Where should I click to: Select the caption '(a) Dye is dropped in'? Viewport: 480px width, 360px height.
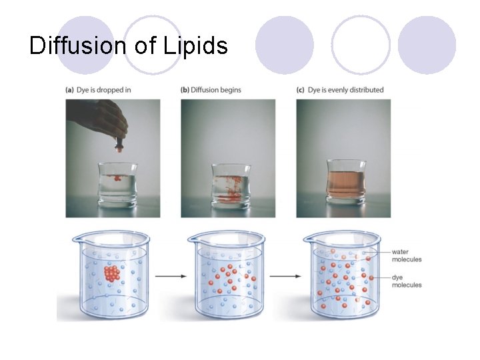click(x=99, y=90)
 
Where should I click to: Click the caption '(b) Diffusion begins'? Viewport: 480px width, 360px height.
click(x=211, y=90)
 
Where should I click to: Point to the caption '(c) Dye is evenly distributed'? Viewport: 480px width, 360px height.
click(x=340, y=90)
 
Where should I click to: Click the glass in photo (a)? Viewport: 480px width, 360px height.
click(x=117, y=183)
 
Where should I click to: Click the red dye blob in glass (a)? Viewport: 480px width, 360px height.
click(x=117, y=178)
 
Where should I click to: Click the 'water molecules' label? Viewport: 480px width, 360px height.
click(x=406, y=255)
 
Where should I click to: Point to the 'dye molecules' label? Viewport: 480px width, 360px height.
click(x=406, y=281)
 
